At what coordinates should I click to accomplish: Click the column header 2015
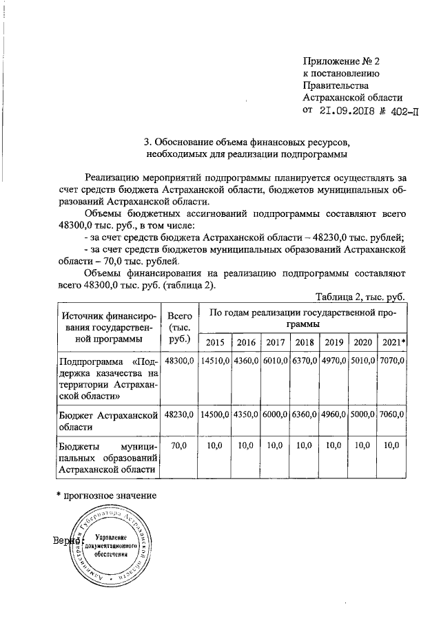[215, 343]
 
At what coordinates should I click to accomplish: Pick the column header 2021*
[393, 343]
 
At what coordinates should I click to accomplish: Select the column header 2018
[304, 343]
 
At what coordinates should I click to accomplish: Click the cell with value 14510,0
[215, 361]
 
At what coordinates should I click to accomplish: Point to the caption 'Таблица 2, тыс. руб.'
[360, 297]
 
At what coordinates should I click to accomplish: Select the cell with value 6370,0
[304, 361]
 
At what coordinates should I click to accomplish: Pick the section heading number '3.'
[147, 142]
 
